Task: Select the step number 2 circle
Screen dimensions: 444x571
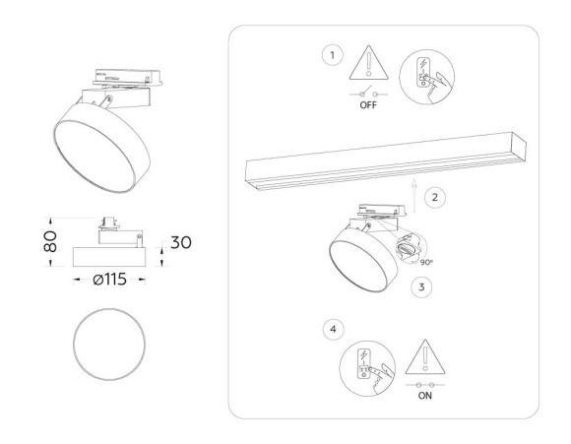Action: coord(438,197)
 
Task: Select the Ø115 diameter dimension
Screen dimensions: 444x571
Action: coord(109,280)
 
